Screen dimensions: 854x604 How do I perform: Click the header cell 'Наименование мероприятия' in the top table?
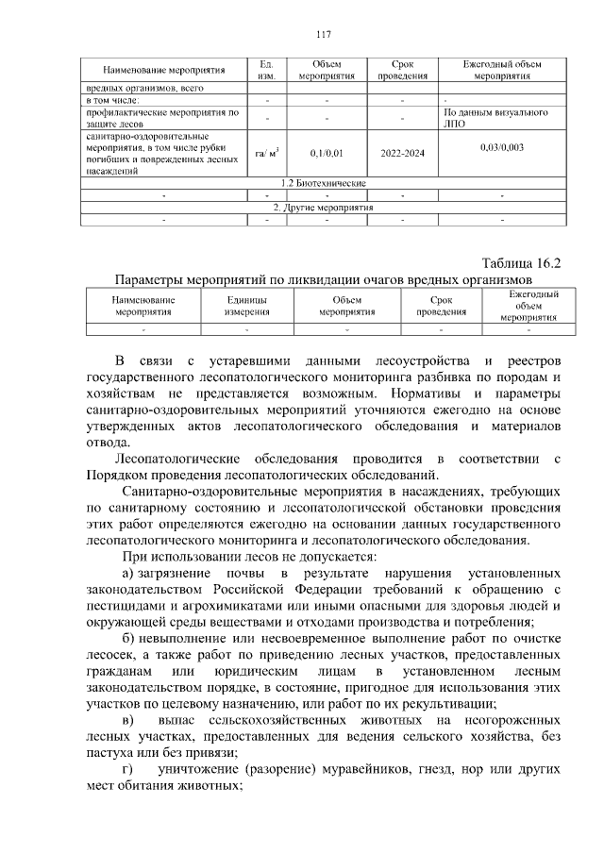(156, 70)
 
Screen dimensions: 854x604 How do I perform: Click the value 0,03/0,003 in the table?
(502, 147)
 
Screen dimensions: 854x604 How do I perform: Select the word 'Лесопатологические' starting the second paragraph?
(176, 458)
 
